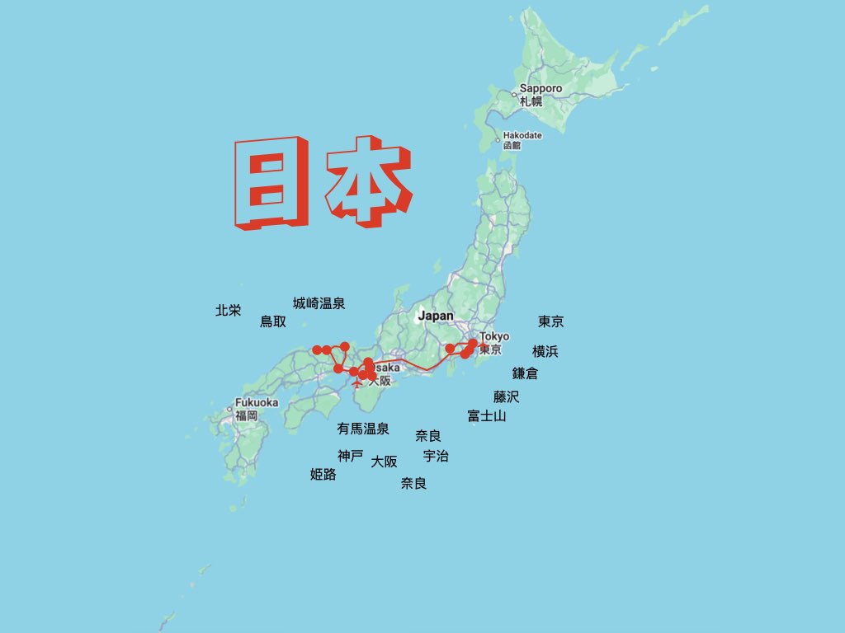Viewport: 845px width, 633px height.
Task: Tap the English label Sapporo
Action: (x=541, y=89)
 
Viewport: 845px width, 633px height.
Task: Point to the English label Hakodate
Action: (x=522, y=135)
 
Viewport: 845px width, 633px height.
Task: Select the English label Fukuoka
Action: (x=257, y=403)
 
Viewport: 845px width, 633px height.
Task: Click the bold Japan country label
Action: (x=435, y=316)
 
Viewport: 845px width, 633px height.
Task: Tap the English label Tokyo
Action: (x=494, y=336)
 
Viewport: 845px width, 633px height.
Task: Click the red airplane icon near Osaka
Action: (x=356, y=383)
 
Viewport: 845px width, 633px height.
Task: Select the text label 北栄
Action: (x=229, y=311)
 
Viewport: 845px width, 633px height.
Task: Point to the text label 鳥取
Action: (x=273, y=321)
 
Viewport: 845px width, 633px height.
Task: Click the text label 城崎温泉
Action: (x=319, y=303)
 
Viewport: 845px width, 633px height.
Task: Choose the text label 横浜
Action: (x=545, y=351)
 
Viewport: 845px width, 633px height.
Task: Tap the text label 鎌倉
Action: (x=525, y=373)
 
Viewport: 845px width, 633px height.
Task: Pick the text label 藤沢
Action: (x=507, y=396)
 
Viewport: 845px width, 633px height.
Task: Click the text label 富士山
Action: (x=486, y=416)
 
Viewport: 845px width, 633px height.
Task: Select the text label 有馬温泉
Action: (x=362, y=429)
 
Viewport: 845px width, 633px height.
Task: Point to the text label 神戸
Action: (x=350, y=456)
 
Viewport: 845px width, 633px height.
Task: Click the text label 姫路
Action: (x=323, y=474)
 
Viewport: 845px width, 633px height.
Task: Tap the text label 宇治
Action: (x=436, y=456)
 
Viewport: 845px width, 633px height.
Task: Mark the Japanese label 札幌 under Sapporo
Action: (x=531, y=101)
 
